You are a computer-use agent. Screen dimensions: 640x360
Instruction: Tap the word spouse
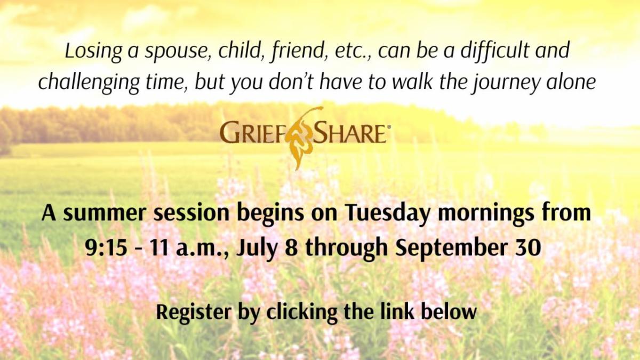178,53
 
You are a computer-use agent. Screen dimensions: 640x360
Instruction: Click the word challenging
89,83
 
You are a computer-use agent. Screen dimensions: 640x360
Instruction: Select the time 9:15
106,247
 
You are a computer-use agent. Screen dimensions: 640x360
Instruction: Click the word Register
194,313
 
